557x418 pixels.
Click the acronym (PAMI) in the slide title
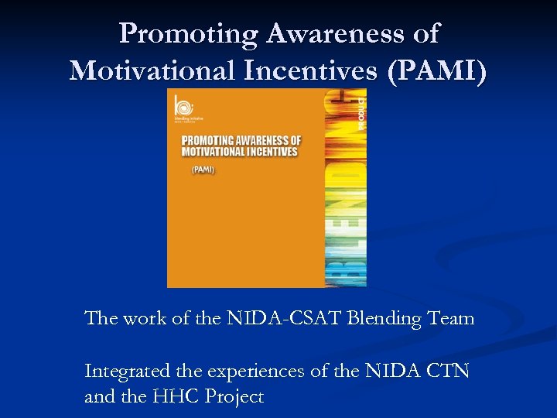[x=439, y=70]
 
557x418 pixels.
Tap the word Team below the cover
[x=452, y=318]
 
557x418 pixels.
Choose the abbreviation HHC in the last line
[x=177, y=398]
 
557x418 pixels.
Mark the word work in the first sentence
[x=147, y=318]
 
